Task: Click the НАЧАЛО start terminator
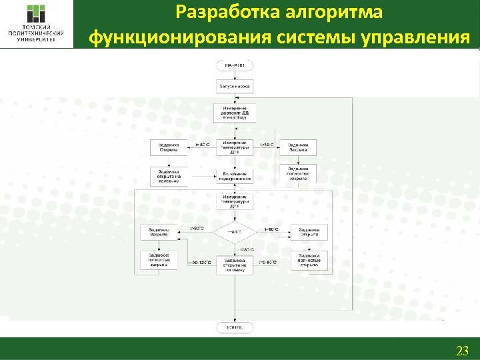point(234,65)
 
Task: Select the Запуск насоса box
point(234,87)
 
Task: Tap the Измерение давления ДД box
point(234,112)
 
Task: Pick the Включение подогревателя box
point(234,176)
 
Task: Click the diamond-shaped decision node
point(234,232)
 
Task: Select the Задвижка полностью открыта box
point(309,260)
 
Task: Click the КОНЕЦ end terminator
point(234,327)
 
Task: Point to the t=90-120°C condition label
point(199,263)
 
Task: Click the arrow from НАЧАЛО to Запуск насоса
point(234,75)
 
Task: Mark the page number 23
point(462,350)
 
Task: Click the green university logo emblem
point(37,15)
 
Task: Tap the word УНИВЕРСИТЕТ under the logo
point(37,39)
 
